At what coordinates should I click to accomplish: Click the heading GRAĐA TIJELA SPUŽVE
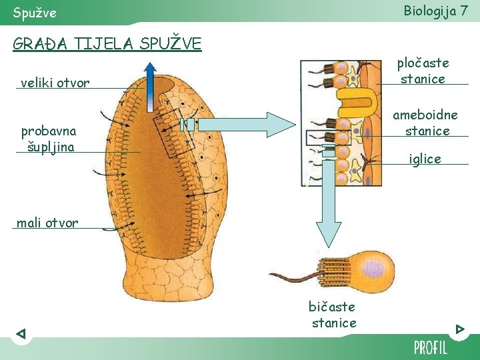click(107, 44)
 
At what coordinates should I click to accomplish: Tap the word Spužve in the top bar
click(35, 13)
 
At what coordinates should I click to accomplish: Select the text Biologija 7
click(435, 11)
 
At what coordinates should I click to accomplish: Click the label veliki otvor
click(55, 83)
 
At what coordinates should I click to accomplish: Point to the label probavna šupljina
click(48, 138)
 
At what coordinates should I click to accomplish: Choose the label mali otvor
click(47, 223)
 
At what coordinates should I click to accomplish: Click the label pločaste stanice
click(423, 71)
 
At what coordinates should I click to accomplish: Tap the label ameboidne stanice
click(427, 123)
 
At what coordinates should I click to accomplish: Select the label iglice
click(425, 159)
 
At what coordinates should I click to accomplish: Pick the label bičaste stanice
click(332, 315)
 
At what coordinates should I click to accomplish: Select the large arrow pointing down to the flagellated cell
click(329, 200)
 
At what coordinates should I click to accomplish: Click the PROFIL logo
click(431, 347)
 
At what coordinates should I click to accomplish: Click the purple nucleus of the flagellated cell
click(372, 269)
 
